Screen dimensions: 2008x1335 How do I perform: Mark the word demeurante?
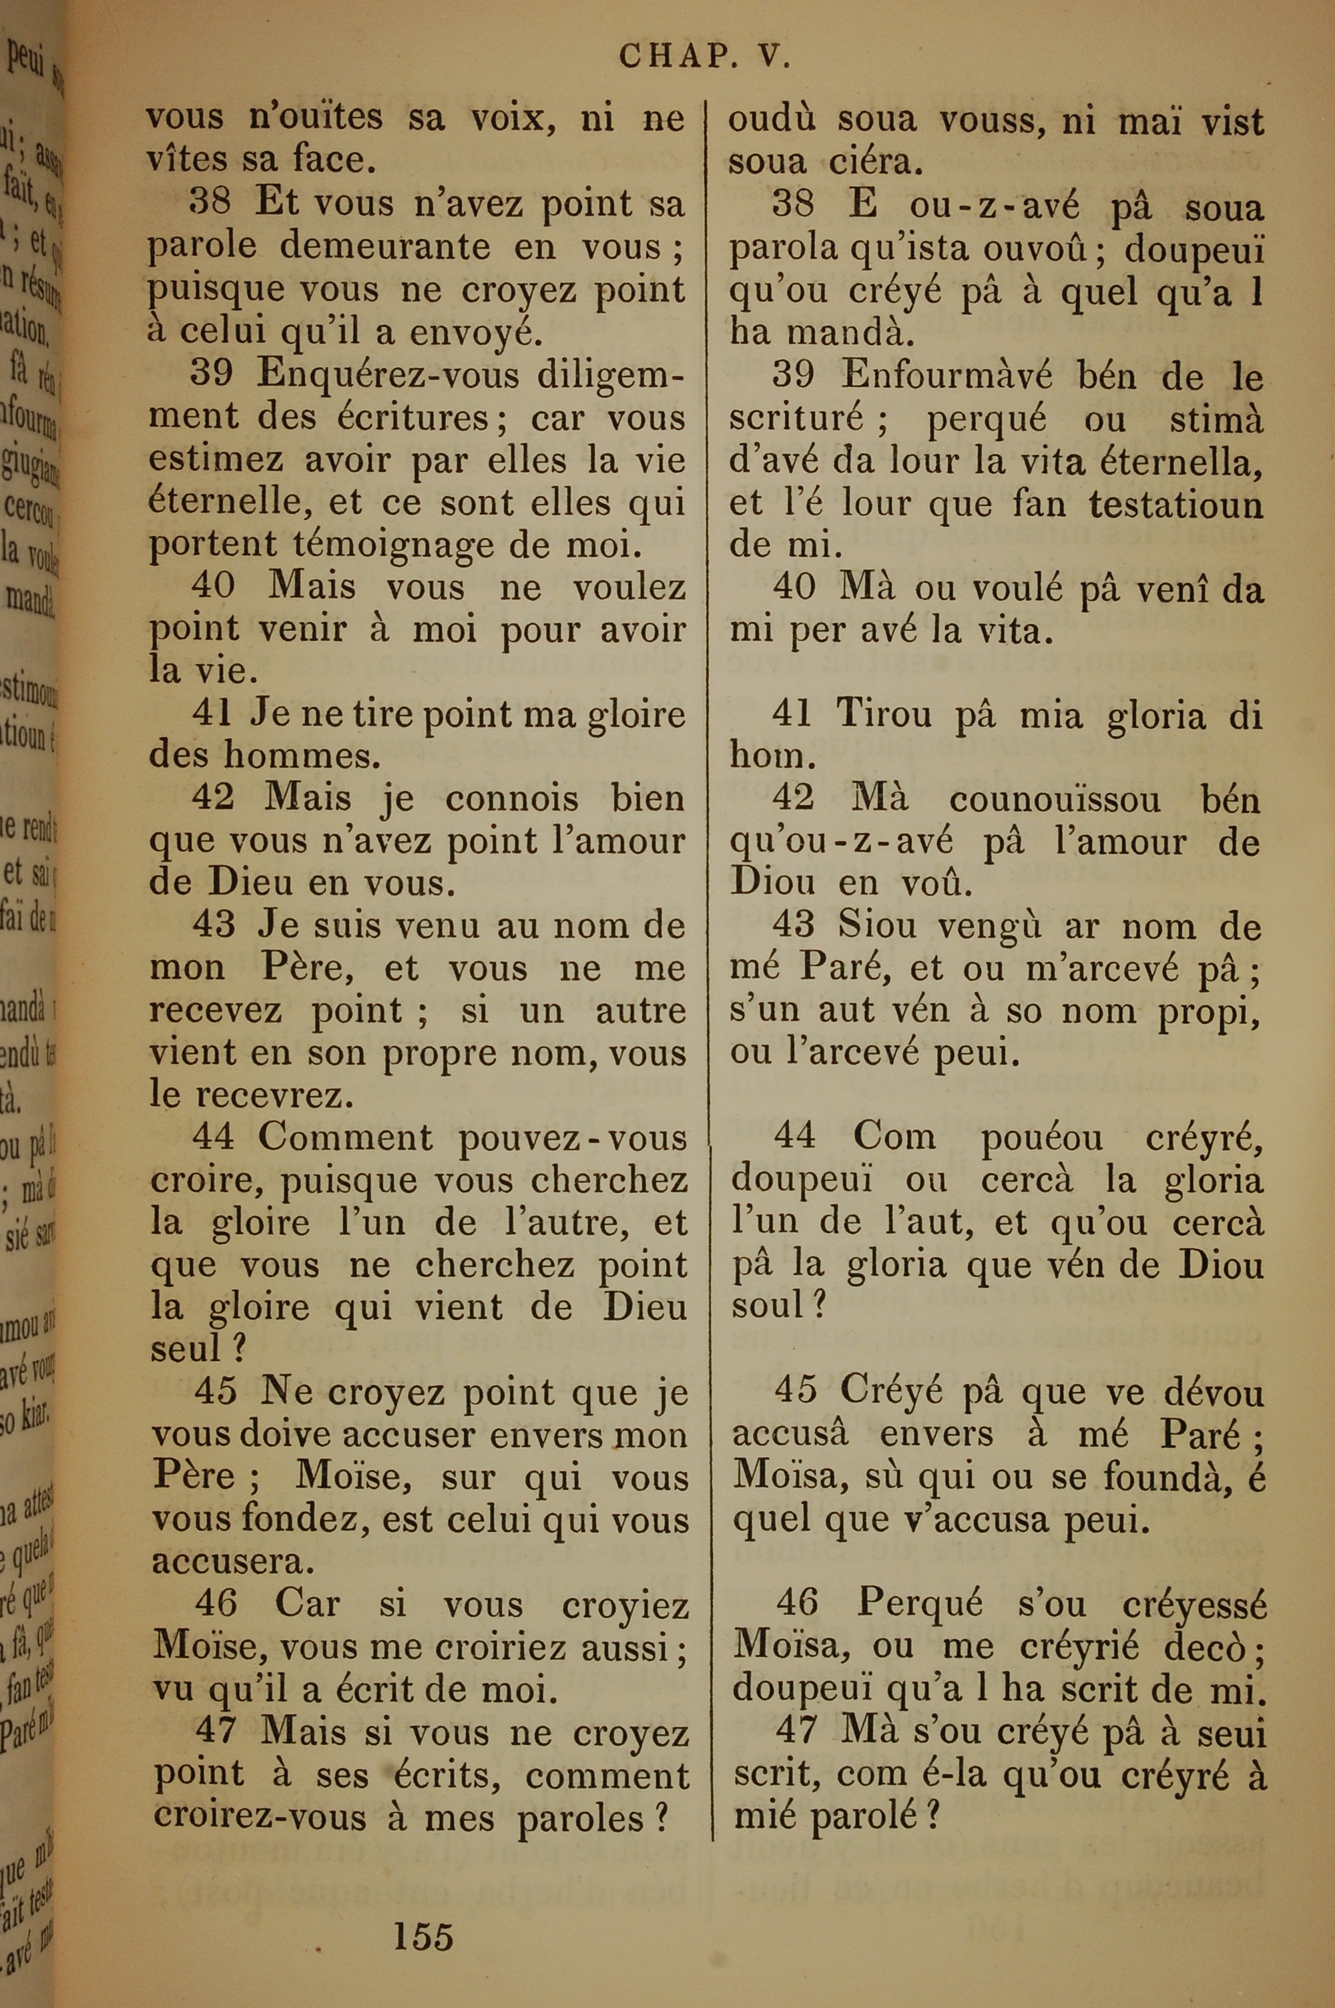click(386, 247)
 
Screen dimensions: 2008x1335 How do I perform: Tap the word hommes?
click(302, 756)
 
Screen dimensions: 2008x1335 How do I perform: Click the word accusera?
click(228, 1562)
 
